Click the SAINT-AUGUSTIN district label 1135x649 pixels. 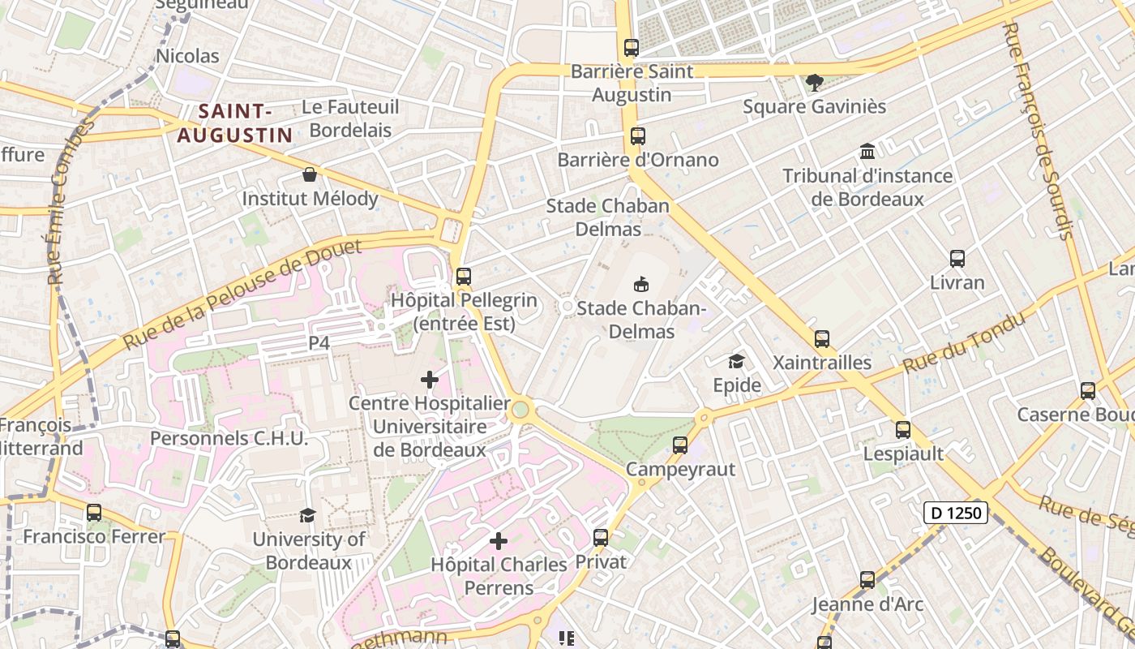234,123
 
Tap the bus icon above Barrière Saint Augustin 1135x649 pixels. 632,48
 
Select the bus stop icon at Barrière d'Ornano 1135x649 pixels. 638,136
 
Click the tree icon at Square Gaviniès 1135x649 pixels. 815,82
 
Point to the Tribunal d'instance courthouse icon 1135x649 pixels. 867,152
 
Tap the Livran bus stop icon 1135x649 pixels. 957,259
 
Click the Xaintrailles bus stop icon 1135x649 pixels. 822,339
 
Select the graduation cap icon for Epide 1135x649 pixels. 737,361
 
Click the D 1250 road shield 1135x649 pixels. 957,513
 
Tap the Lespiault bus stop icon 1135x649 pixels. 903,430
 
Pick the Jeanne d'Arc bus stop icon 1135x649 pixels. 867,580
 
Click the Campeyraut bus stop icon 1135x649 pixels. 680,445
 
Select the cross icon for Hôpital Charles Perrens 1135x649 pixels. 499,541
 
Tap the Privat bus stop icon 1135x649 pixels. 601,537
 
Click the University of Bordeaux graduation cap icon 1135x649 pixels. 307,515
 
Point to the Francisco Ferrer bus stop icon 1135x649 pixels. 94,513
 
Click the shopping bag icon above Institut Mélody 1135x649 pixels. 309,174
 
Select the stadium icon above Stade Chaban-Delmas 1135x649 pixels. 641,284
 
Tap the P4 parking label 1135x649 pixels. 319,343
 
